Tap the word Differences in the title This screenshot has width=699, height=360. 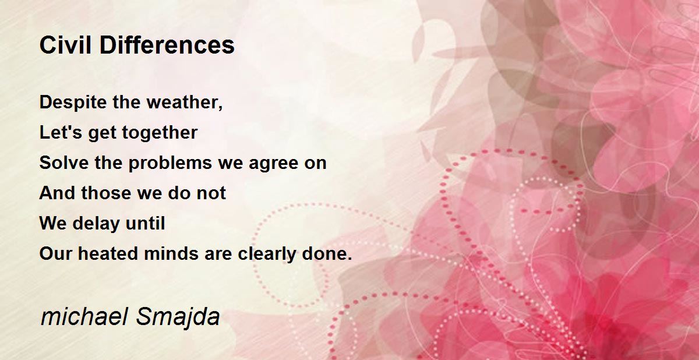point(167,45)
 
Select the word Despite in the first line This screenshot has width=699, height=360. point(73,103)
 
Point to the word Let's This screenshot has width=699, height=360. point(61,132)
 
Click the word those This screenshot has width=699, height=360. point(106,193)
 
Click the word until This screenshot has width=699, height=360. point(145,223)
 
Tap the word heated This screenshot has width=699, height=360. point(108,253)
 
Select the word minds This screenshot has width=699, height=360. point(171,253)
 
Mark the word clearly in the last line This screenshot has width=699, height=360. point(267,254)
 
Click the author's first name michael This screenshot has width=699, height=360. point(84,317)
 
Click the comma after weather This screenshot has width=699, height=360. point(221,108)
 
